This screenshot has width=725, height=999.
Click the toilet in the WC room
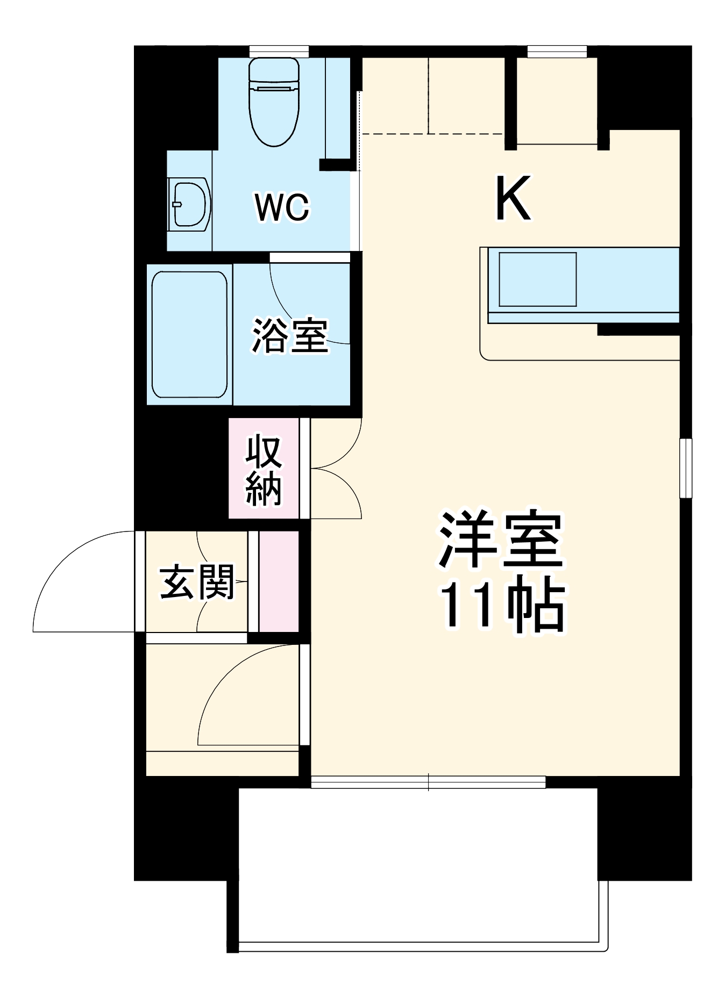point(274,102)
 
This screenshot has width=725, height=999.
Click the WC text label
point(282,207)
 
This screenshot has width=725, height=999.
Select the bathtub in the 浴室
point(189,334)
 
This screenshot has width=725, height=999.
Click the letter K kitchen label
point(513,198)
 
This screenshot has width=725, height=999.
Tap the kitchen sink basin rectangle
point(537,279)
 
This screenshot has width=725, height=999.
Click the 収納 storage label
point(264,471)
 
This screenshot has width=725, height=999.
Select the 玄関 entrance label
point(197,582)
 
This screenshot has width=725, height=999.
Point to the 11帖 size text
point(502,606)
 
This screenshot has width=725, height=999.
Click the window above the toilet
point(279,52)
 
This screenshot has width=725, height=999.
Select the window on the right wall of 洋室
point(685,468)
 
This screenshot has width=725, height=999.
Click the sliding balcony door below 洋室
point(428,782)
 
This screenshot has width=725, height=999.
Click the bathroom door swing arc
point(301,312)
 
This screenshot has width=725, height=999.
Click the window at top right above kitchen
point(557,52)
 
